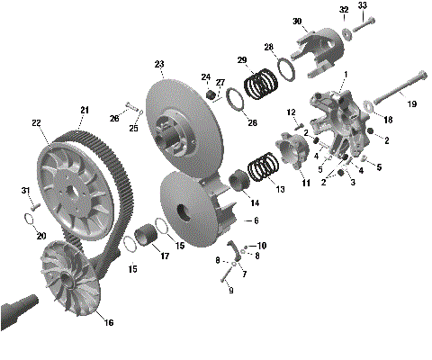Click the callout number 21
tap(84, 110)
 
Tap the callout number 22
tap(36, 122)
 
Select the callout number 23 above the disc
tap(159, 64)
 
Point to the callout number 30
tap(296, 21)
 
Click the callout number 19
tap(413, 104)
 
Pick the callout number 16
tap(110, 321)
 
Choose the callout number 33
tap(363, 5)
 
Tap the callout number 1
tap(345, 74)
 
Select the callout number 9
tap(230, 290)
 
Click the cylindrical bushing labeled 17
tap(147, 241)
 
